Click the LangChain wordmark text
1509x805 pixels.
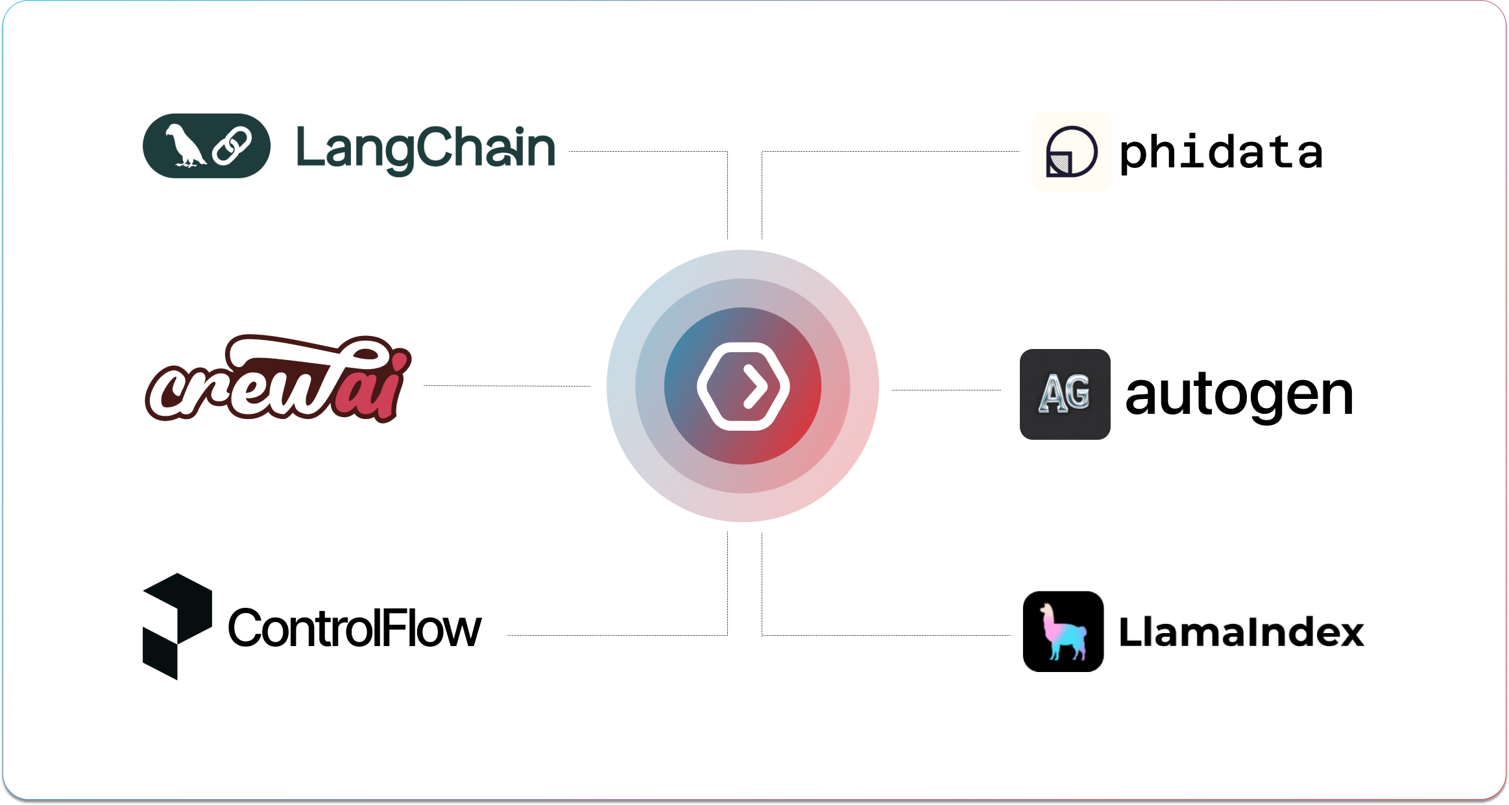pyautogui.click(x=426, y=148)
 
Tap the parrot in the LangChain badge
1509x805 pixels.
pyautogui.click(x=184, y=146)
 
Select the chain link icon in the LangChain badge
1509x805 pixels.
pyautogui.click(x=232, y=147)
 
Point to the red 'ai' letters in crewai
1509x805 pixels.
pyautogui.click(x=373, y=386)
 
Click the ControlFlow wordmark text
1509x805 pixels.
pyautogui.click(x=354, y=629)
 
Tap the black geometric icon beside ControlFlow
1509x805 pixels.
pyautogui.click(x=176, y=625)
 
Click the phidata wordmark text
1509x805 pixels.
pyautogui.click(x=1220, y=152)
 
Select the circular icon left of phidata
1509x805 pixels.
pyautogui.click(x=1071, y=151)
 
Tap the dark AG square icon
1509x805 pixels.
pyautogui.click(x=1065, y=394)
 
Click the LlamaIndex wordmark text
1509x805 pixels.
pyautogui.click(x=1241, y=632)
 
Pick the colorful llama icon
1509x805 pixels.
pyautogui.click(x=1063, y=631)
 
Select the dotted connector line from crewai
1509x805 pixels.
pyautogui.click(x=506, y=385)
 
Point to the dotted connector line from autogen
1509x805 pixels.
pyautogui.click(x=946, y=390)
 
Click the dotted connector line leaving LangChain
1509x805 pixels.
pyautogui.click(x=649, y=151)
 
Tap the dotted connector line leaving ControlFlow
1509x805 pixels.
pyautogui.click(x=616, y=635)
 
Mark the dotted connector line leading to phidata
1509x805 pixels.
pyautogui.click(x=889, y=151)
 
